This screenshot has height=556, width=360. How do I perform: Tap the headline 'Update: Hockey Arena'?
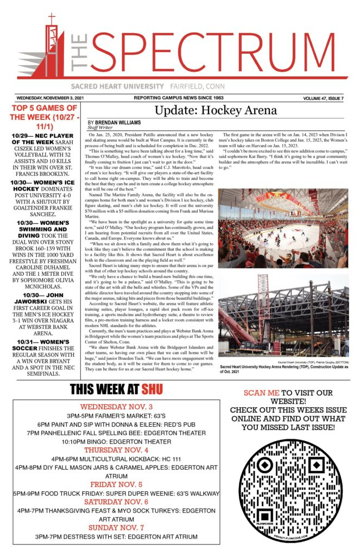coord(216,110)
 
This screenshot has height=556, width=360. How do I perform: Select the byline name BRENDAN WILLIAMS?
coord(118,123)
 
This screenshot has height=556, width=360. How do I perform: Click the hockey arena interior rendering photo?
coord(283,228)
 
